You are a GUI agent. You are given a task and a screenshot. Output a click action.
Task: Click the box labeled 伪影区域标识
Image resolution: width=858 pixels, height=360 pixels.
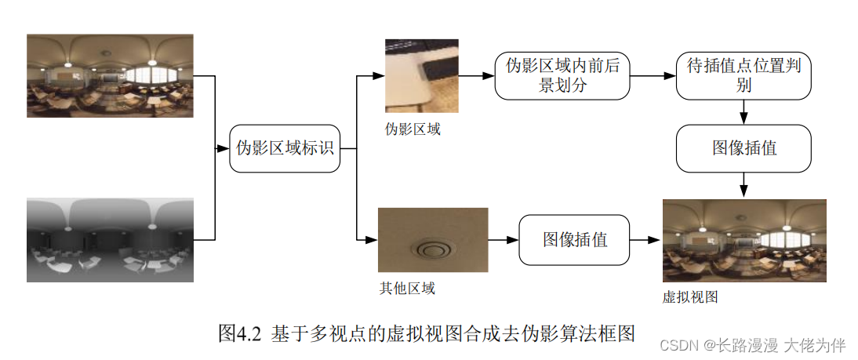click(x=285, y=148)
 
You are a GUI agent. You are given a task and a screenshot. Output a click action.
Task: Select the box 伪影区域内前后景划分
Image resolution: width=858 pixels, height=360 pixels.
click(x=562, y=76)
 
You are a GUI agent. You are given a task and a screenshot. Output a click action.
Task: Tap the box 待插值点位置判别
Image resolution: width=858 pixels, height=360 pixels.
click(x=743, y=76)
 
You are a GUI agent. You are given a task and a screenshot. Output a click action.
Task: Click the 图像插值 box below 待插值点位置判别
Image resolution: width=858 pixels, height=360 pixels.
click(x=743, y=148)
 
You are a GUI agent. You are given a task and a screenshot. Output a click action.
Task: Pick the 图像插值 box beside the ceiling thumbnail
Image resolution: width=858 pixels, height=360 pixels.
click(x=574, y=239)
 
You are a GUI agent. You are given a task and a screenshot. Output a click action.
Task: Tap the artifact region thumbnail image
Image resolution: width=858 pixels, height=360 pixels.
click(x=421, y=76)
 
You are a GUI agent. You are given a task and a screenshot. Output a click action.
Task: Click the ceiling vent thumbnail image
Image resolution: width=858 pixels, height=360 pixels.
click(x=433, y=240)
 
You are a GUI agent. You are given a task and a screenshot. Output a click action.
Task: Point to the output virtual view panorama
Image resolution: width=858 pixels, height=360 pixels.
click(x=743, y=240)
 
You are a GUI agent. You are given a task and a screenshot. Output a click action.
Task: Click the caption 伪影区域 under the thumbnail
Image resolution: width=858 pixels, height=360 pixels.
click(x=412, y=129)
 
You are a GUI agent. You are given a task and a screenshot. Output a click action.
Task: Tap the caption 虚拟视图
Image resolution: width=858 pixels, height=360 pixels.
click(x=690, y=296)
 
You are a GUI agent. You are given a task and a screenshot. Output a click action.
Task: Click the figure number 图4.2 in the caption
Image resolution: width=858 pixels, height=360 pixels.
click(x=238, y=333)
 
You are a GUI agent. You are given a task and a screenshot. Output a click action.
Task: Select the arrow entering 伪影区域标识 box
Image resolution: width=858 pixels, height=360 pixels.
click(x=223, y=148)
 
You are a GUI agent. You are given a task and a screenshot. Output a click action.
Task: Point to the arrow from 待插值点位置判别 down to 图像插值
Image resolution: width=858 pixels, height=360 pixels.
click(x=743, y=112)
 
